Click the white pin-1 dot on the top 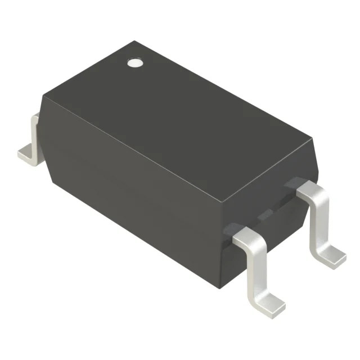tap(134, 62)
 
